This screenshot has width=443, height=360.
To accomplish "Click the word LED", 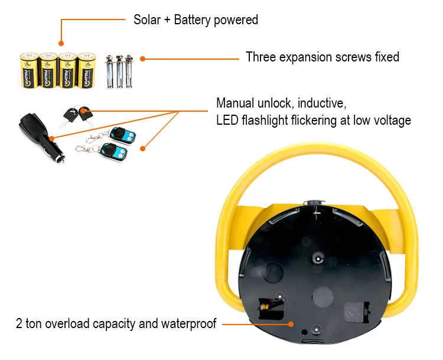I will coord(227,121).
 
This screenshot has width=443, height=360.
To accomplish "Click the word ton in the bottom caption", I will coord(34,323).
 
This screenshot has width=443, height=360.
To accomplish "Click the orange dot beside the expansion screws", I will coord(142,59).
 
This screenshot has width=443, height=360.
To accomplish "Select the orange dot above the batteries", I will coord(61,43).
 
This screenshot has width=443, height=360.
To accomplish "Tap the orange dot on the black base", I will coord(291,323).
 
